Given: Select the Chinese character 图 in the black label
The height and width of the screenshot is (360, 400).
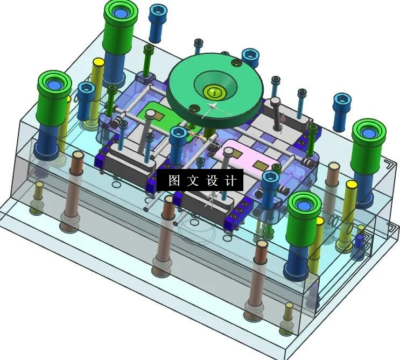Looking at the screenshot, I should (x=173, y=181).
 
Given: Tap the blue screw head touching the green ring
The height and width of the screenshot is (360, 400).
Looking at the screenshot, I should (x=251, y=55).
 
